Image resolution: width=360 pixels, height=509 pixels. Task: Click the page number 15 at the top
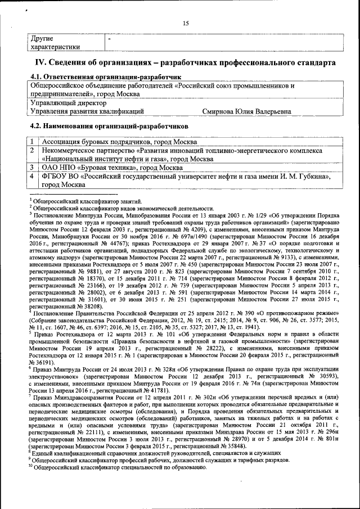185,22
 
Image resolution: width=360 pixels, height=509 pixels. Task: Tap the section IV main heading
186,61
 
